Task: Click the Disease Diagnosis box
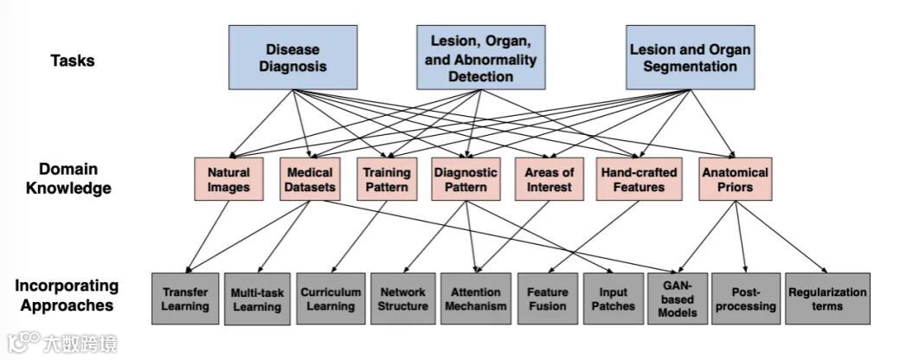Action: coord(292,57)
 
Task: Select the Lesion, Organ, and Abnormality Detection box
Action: coord(480,57)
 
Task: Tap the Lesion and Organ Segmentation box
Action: coord(690,57)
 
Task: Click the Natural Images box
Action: coord(228,179)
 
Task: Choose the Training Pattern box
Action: coord(385,179)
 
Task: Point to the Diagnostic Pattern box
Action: coord(466,179)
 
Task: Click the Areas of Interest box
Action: coord(549,179)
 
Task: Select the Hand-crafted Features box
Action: coord(639,179)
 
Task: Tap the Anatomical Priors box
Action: coord(734,179)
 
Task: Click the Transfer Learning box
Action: coord(185,299)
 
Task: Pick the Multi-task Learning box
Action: coord(257,299)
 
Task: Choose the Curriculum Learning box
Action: coord(331,299)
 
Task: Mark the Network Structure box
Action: coord(403,299)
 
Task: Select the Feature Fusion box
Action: coord(547,299)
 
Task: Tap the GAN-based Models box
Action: coord(678,299)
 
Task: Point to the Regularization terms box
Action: coord(826,299)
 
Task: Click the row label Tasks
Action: coord(73,61)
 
